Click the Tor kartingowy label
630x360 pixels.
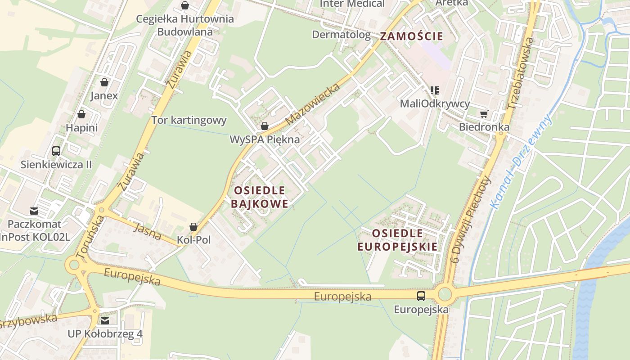pos(189,120)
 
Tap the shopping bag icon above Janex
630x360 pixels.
pos(104,82)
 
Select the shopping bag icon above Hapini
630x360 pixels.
pos(81,114)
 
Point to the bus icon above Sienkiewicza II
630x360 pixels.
pos(56,151)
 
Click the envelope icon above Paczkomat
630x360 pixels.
pos(34,211)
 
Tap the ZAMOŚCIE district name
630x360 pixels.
pos(412,36)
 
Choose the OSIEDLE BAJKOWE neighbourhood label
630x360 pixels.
pos(259,197)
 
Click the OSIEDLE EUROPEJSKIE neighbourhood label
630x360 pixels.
pos(397,240)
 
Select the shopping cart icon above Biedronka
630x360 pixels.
pos(484,114)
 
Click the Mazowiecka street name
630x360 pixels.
pos(312,104)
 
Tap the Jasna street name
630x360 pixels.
pos(148,231)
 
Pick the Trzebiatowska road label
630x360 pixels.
pos(520,73)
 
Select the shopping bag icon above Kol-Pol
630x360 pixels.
pos(193,226)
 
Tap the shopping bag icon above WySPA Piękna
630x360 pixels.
pos(265,126)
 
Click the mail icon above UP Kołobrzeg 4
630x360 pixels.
pos(105,321)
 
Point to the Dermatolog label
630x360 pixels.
pos(341,35)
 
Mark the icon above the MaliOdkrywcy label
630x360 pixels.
pos(435,90)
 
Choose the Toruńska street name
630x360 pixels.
pos(90,237)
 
